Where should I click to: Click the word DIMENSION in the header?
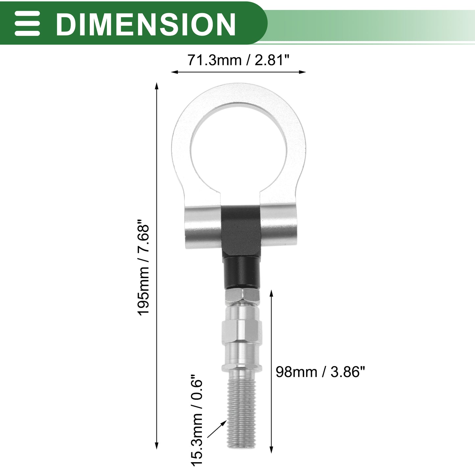pos(146,24)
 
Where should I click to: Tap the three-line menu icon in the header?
pos(27,23)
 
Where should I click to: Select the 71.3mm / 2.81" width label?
pos(238,60)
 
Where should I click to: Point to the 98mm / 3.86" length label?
pos(320,372)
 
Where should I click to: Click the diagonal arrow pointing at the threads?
pos(217,429)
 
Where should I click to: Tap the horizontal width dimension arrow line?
pos(238,72)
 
